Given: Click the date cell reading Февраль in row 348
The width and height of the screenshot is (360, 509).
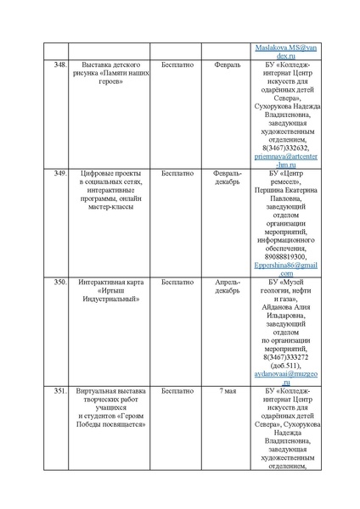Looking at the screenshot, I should pos(228,64).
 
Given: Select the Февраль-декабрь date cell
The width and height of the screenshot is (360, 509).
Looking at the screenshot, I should pos(228,177).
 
